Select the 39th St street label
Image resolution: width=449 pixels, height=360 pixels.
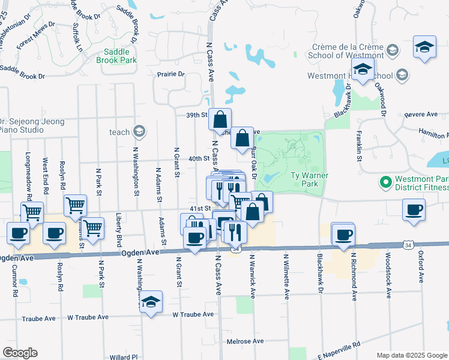(x=197, y=115)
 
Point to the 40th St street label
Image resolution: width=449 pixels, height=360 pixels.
(x=198, y=159)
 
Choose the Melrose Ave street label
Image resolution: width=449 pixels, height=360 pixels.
(x=246, y=341)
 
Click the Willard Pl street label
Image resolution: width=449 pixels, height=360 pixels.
(x=124, y=357)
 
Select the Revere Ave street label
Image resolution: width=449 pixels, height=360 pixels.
(x=421, y=115)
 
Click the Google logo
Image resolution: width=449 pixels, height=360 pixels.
(x=20, y=353)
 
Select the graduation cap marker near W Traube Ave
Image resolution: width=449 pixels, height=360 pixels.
(x=151, y=302)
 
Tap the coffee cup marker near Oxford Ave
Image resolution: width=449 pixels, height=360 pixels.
(x=414, y=210)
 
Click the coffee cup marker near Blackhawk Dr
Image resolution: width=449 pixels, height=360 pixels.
(x=343, y=235)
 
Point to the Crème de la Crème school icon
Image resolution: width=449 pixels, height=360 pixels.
(x=393, y=49)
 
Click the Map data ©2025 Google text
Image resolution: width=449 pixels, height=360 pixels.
(x=412, y=355)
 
